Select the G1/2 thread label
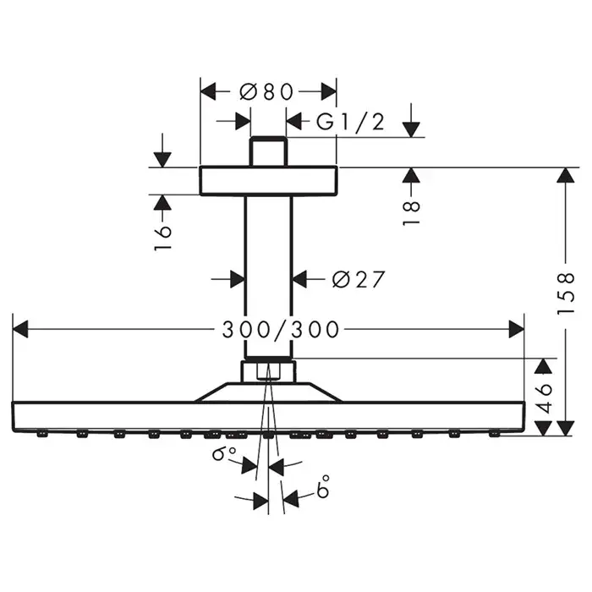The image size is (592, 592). tap(350, 123)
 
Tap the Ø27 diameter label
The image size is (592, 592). tap(359, 278)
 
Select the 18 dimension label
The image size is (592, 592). tap(411, 211)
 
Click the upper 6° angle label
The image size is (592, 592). tap(224, 454)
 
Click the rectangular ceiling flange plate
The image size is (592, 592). tap(268, 180)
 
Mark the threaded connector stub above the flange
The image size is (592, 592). tap(268, 151)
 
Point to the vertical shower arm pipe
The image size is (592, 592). tap(268, 271)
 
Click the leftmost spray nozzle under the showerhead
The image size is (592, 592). tap(41, 435)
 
